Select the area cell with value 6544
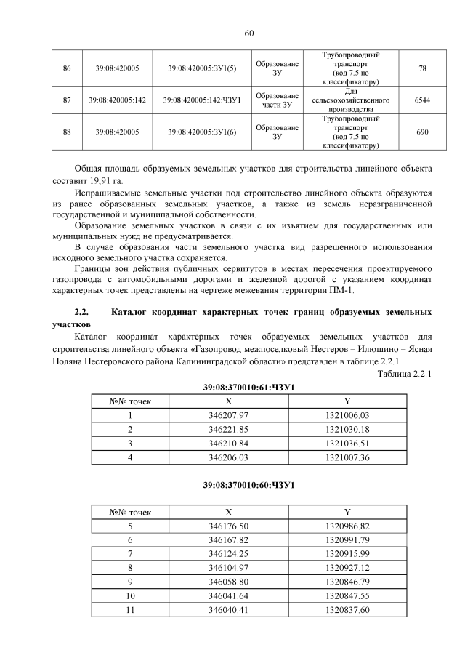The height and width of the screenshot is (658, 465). point(422,100)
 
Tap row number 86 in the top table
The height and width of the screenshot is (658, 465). point(67,68)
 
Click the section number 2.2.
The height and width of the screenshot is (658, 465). point(81,312)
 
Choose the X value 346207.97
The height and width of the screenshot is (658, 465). point(228,415)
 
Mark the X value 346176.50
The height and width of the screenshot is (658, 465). point(228,526)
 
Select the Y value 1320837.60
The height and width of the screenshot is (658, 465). point(347,610)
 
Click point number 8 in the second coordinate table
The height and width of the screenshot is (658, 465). point(130,568)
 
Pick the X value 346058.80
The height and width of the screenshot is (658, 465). point(228,582)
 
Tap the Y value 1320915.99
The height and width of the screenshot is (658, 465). point(347,554)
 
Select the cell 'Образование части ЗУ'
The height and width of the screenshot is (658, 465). point(277,100)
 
